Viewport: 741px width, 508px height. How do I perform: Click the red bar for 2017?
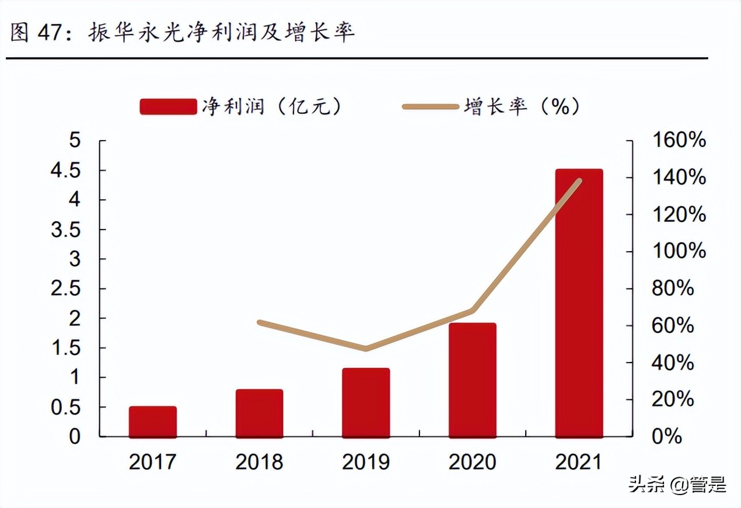click(x=153, y=422)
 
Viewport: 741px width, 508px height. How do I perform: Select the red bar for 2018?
click(x=259, y=413)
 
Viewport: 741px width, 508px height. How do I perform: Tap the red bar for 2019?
click(x=366, y=403)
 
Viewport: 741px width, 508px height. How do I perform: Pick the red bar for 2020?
click(x=472, y=380)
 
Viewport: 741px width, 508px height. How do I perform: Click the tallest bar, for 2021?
click(x=579, y=304)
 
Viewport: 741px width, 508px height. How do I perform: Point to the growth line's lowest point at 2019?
click(x=366, y=349)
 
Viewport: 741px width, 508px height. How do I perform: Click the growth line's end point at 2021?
click(x=579, y=181)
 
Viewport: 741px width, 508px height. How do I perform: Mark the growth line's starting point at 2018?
click(x=260, y=322)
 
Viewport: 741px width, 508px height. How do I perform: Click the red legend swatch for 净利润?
click(x=168, y=107)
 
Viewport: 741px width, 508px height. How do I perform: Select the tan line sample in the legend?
click(x=431, y=107)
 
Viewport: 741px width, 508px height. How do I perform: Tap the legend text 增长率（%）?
click(x=522, y=107)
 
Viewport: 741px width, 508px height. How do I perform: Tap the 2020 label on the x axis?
click(x=472, y=462)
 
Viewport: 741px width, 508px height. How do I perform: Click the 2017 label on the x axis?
click(x=153, y=462)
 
